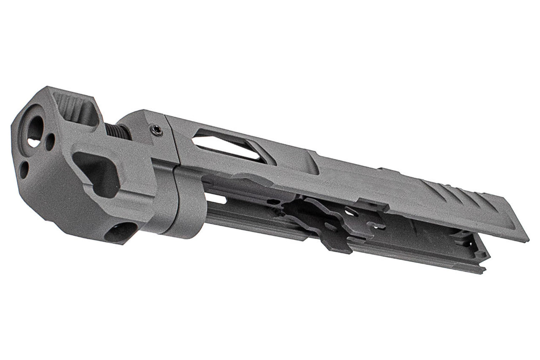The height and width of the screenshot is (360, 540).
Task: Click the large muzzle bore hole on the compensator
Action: [x=35, y=129]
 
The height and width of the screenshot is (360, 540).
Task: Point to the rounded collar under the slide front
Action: [x=186, y=203]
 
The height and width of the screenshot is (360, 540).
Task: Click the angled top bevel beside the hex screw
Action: [x=140, y=116]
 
